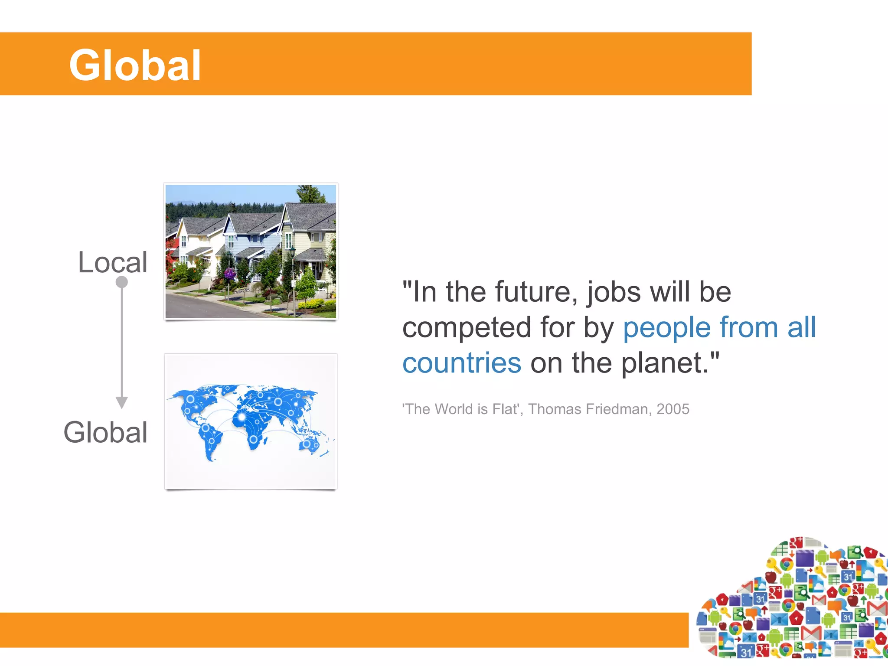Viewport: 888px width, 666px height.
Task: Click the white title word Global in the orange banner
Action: (135, 65)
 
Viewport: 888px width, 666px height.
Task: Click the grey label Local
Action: (113, 262)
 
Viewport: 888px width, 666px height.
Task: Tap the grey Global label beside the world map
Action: (106, 432)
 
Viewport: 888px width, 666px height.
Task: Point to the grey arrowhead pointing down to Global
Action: (122, 403)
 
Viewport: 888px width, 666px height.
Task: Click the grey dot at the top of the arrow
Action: (122, 282)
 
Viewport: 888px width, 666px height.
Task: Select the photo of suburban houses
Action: (251, 251)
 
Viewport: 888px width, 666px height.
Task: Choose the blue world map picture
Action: (251, 421)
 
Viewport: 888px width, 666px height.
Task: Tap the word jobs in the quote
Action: (614, 292)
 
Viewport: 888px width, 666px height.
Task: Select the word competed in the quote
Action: (467, 327)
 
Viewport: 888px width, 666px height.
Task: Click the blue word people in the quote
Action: (667, 328)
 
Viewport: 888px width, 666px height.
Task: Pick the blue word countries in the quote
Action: (462, 363)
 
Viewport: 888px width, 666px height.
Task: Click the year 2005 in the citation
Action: (673, 409)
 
